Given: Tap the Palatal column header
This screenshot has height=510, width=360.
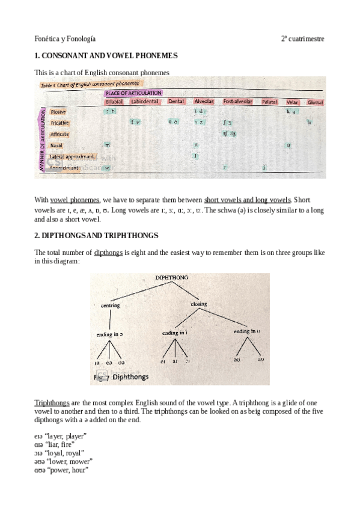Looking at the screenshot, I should pos(269,102).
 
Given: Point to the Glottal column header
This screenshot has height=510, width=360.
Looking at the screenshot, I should pos(315,102).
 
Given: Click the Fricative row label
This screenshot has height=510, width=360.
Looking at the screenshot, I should pos(59,123).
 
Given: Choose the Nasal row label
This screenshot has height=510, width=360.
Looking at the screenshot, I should pos(56,145).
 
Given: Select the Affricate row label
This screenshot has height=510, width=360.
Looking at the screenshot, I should pos(59,134).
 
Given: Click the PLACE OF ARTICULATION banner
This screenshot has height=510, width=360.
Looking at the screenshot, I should pos(133,93).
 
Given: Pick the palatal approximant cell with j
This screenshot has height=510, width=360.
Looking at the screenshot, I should pos(264,167).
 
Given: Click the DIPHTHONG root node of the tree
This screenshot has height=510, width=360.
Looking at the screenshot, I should pos(172,278).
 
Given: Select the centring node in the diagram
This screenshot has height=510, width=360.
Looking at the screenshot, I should pos(111,305).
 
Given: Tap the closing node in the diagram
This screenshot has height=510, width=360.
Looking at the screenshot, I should pos(199,304).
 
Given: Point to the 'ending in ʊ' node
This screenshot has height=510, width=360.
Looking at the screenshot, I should pos(247,331).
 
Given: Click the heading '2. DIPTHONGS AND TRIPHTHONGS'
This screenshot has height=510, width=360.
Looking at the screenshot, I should pos(96,235).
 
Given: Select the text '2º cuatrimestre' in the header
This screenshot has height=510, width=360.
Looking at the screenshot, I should pos(302,38).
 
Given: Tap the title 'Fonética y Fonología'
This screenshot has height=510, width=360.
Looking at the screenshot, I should pos(65,38).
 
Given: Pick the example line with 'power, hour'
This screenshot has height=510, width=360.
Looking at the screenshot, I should pos(62,470).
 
